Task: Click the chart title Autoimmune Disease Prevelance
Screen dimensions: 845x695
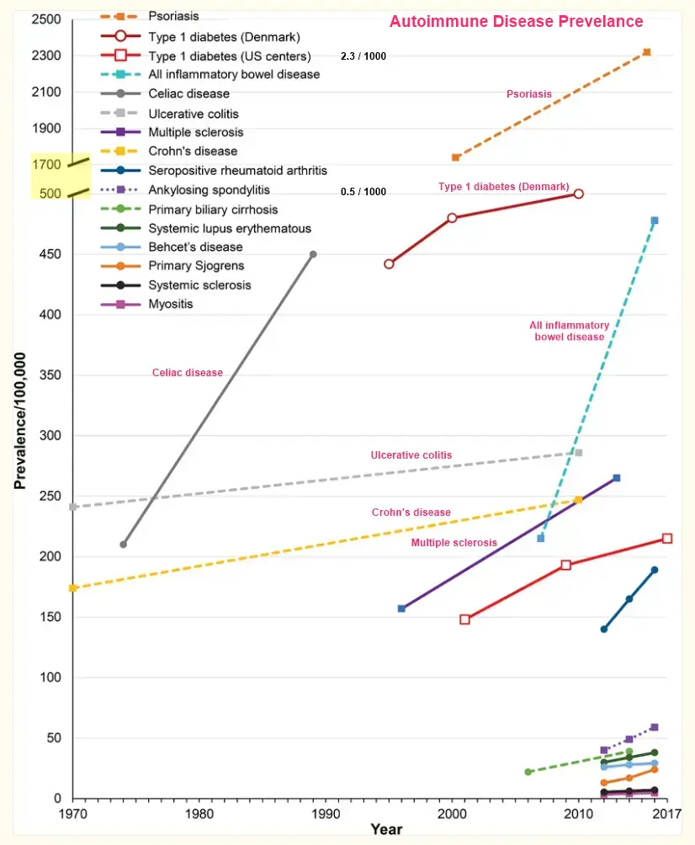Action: click(516, 22)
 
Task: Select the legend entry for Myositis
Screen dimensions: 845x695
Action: click(171, 304)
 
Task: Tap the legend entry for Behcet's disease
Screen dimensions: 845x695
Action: click(195, 247)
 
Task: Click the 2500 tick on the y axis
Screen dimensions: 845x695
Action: click(46, 19)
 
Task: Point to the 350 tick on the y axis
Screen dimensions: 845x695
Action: click(51, 375)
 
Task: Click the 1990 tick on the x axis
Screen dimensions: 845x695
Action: click(325, 814)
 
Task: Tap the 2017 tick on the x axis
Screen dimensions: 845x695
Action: click(667, 814)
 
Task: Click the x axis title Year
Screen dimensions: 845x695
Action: click(386, 830)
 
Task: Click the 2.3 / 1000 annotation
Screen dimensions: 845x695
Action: click(363, 56)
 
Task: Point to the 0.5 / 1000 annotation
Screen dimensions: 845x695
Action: click(363, 192)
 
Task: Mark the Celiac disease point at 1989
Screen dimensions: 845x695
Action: click(313, 254)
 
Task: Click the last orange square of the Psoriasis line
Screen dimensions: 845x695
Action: click(646, 52)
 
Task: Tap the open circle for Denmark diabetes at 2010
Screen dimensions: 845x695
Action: click(578, 194)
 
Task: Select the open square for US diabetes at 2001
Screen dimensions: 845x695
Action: click(464, 619)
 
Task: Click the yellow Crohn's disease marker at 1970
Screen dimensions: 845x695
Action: click(73, 587)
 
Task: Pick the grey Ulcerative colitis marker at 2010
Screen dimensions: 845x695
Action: click(578, 453)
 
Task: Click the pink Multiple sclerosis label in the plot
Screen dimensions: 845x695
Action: click(454, 543)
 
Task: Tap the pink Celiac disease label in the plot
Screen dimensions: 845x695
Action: click(188, 373)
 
